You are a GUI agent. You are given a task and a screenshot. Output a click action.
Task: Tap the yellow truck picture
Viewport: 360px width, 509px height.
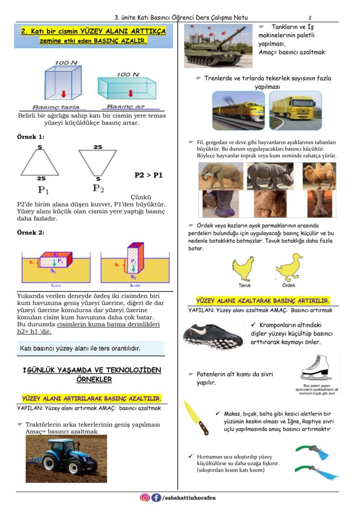point(295,110)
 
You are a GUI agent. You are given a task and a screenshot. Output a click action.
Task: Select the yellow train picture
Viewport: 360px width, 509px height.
point(239,110)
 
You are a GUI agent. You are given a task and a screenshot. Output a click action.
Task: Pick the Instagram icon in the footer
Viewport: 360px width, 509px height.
point(145,498)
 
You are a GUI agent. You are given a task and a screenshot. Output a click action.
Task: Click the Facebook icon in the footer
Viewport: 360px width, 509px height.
point(156,498)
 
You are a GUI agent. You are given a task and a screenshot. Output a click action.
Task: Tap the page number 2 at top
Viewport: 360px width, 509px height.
point(310,18)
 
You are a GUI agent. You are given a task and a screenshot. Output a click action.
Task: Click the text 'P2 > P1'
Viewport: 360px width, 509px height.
point(149,176)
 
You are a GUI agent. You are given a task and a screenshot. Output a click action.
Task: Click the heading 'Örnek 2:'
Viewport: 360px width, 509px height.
point(30,233)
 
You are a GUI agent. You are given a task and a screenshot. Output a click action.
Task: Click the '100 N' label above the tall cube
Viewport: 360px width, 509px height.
point(66,63)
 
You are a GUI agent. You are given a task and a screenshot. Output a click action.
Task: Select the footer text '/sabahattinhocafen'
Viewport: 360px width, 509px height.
point(189,498)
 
